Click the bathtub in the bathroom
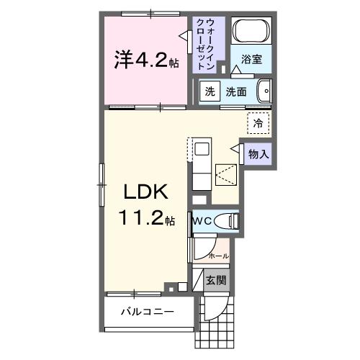point(252,32)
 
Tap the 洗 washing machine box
point(210,91)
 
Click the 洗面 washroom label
point(236,91)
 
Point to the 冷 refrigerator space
point(258,123)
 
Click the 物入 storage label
point(258,153)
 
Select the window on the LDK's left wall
point(102,179)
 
